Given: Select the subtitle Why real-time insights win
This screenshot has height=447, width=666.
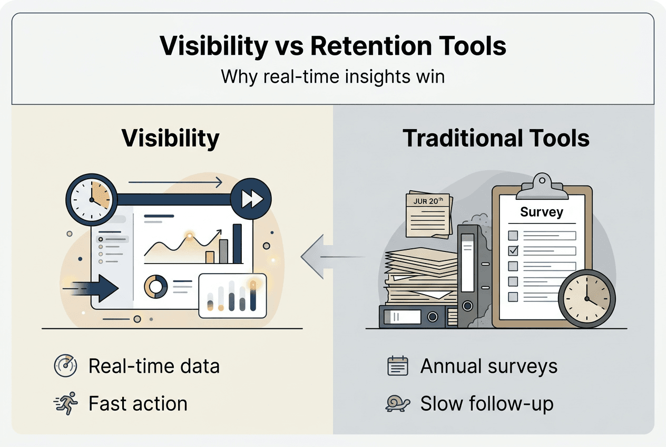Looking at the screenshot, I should (332, 76).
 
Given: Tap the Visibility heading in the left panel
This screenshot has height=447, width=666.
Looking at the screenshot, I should (170, 138).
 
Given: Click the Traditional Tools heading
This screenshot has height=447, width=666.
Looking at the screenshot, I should (496, 138).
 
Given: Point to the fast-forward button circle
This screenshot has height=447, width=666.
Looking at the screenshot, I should (251, 199).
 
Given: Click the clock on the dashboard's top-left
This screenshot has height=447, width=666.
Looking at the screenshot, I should (91, 199).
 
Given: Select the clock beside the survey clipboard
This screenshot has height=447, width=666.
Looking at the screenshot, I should (586, 297).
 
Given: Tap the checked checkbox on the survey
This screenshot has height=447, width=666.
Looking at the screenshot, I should (513, 250).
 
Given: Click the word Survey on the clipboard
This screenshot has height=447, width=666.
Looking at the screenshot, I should (541, 212).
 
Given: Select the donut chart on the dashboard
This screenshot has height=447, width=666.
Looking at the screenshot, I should (156, 286).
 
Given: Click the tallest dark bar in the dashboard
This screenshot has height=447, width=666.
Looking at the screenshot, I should (237, 244).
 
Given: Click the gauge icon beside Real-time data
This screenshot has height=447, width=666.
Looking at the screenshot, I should (66, 366).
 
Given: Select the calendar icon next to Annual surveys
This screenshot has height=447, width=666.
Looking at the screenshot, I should (398, 366).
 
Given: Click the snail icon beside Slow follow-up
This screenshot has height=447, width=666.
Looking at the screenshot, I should (398, 404).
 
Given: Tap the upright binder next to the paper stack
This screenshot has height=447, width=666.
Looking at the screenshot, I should (467, 274).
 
